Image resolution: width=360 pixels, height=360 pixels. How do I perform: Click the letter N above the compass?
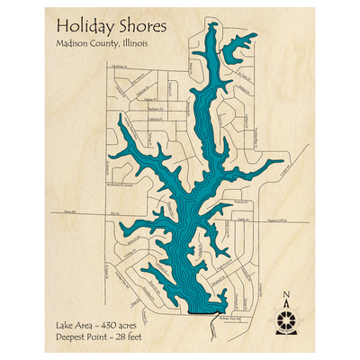click(286, 293)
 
